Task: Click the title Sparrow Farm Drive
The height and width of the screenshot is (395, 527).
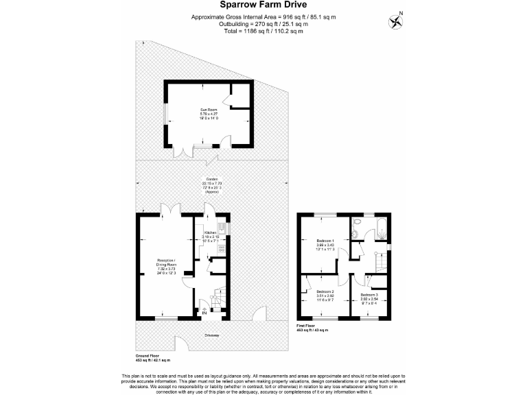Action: point(263,5)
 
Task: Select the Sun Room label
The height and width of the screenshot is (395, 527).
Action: point(209,112)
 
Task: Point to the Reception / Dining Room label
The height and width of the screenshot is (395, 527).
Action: point(165,265)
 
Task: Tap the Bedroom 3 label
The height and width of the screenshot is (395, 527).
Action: point(369,298)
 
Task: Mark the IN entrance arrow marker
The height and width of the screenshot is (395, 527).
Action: point(204,314)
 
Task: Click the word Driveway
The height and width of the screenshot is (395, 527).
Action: point(211,335)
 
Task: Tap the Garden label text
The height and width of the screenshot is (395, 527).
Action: point(210,184)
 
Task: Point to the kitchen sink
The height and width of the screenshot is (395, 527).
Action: point(222,227)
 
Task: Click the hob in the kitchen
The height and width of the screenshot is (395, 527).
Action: point(222,248)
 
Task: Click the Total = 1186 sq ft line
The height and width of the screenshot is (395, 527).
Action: point(263,31)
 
